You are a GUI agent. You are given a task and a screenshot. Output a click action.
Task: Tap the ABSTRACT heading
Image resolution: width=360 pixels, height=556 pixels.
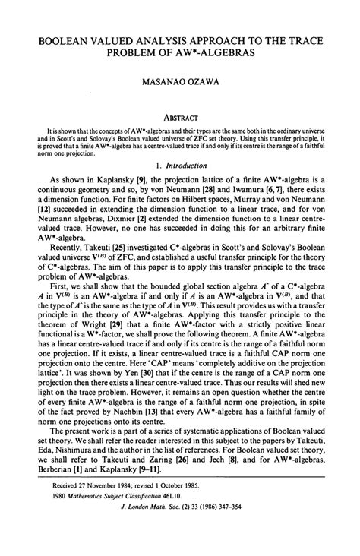pos(180,107)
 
